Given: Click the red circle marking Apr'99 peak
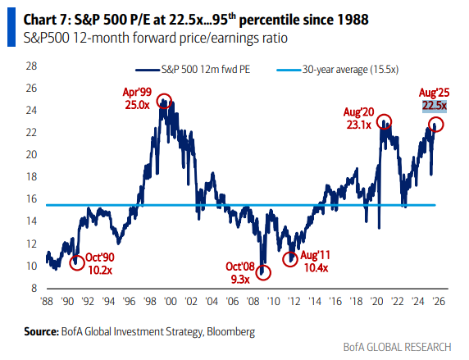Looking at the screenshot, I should point(166,103).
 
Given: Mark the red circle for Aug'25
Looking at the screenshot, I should point(435,125).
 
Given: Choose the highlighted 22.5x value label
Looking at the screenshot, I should point(434,106).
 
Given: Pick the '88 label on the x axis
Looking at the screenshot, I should point(48,301).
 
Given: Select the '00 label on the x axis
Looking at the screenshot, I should point(169,301).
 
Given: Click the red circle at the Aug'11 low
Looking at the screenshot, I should point(290,259).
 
